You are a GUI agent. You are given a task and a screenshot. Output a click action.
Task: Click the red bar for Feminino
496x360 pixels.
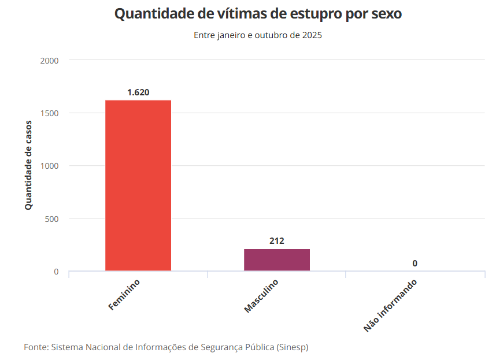tap(138, 185)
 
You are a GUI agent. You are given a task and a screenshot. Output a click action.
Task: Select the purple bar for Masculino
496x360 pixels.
tap(277, 259)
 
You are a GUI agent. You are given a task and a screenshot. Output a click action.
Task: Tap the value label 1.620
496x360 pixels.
tap(138, 92)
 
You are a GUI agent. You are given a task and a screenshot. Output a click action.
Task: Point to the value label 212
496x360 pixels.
tap(277, 241)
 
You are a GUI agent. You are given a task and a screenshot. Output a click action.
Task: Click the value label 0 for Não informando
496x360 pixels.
tap(415, 263)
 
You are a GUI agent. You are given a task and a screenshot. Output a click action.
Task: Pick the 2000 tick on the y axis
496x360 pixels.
tap(50, 60)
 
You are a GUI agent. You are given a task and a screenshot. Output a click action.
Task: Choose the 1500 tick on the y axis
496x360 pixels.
tap(50, 113)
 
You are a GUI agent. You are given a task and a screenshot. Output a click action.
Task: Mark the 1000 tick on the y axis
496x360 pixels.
tap(50, 166)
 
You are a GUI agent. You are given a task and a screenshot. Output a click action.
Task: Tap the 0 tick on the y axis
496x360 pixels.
tap(56, 272)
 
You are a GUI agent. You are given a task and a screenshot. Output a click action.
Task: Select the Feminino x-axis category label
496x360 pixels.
tap(124, 295)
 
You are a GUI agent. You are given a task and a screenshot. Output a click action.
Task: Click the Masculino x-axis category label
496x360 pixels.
tap(261, 296)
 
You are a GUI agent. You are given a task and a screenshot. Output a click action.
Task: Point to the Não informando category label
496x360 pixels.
tap(390, 306)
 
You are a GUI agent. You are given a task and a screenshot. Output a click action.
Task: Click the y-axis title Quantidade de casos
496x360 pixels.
tap(28, 165)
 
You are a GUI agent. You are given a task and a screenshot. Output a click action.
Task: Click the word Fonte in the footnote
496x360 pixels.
tap(35, 347)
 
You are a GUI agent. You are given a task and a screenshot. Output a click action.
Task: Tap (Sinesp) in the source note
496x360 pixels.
tap(292, 347)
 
